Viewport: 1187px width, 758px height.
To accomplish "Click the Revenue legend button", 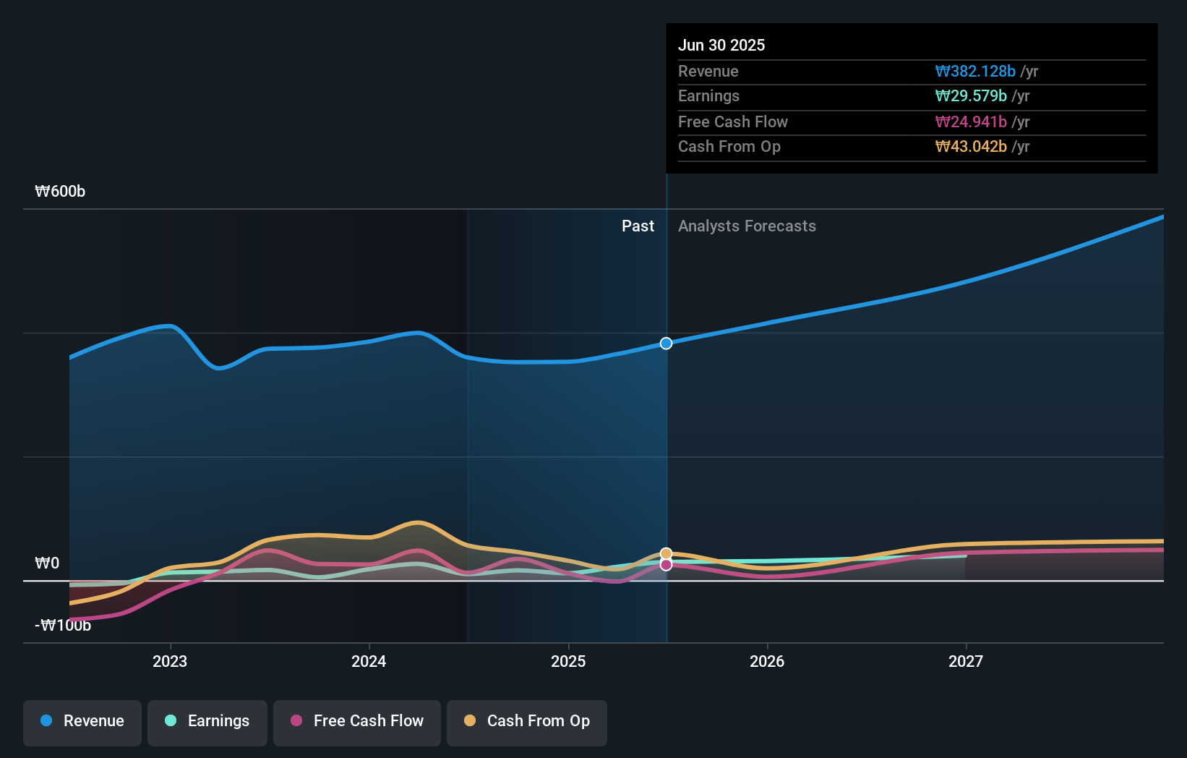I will tap(82, 721).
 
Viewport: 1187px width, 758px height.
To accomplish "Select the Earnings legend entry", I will tap(207, 721).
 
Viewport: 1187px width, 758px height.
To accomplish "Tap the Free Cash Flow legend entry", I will tap(357, 721).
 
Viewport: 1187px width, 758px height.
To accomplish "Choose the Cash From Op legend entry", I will tap(527, 721).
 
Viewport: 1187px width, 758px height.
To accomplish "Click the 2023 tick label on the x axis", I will tap(170, 661).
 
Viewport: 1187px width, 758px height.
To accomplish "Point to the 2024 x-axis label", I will tap(369, 661).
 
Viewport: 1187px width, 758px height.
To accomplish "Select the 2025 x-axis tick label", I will tap(568, 661).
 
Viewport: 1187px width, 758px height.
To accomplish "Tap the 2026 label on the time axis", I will tap(767, 661).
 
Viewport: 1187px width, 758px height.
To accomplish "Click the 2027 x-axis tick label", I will tap(966, 661).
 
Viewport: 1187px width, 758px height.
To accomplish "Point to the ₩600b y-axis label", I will tap(60, 192).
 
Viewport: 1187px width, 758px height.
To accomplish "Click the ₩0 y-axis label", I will tap(47, 563).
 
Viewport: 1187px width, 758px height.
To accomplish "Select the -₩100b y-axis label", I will tap(63, 626).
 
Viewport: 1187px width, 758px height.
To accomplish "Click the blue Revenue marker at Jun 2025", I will tap(667, 344).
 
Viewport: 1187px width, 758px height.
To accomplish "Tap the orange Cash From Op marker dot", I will tap(667, 553).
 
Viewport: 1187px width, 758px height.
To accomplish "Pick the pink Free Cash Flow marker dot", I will tap(667, 565).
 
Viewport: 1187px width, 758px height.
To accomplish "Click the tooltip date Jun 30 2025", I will tap(721, 46).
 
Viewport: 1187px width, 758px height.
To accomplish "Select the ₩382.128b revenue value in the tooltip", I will tap(975, 72).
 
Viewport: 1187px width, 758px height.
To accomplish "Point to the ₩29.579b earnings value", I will tap(971, 96).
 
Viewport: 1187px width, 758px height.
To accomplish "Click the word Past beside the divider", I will tap(638, 226).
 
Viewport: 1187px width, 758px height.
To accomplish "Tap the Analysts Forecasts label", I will tap(747, 226).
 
